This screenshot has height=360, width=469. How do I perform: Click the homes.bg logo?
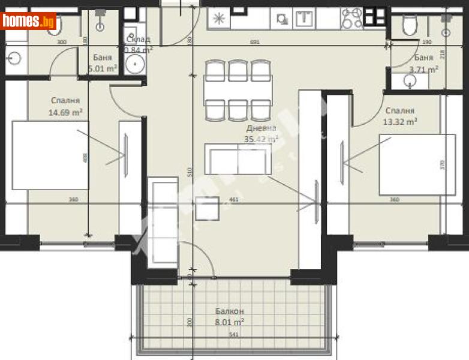[29, 21]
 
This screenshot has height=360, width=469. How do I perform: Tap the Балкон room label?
[230, 311]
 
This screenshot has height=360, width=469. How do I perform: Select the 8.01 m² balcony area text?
[230, 322]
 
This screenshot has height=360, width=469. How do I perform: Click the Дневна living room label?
[261, 128]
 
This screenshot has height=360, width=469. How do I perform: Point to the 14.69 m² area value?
[65, 112]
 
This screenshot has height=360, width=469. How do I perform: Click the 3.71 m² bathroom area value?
[423, 69]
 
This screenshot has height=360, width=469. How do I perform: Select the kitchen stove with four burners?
[352, 19]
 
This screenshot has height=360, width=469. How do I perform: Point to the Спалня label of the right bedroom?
[399, 110]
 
